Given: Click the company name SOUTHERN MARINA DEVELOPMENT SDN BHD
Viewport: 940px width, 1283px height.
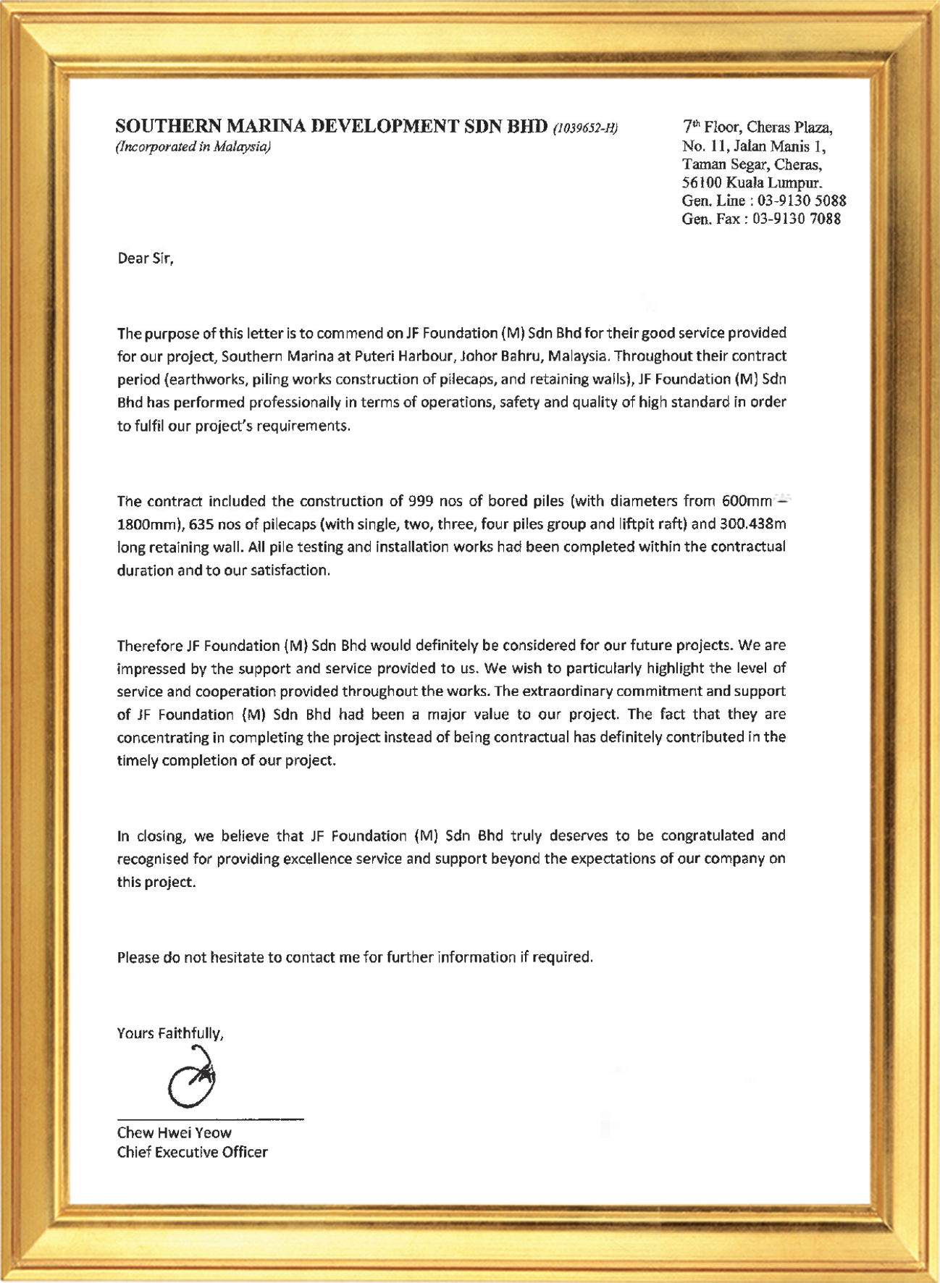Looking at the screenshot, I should coord(332,127).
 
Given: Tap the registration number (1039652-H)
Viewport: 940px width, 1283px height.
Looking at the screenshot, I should coord(585,129).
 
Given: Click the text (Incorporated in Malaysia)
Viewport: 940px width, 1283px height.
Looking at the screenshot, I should coord(193,147).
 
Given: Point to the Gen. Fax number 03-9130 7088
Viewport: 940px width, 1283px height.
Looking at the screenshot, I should coord(796,219).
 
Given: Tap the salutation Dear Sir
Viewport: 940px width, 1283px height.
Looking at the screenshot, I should coord(146,258).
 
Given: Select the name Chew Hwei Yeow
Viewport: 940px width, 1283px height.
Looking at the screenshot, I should coord(174,1133).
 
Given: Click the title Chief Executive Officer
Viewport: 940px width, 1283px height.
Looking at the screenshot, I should coord(192,1152).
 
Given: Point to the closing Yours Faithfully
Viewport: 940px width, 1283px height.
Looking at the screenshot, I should coord(170,1033).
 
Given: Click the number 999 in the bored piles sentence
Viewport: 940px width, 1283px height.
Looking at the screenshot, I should coord(421,501).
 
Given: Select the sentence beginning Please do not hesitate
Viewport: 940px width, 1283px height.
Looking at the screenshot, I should coord(355,957).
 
